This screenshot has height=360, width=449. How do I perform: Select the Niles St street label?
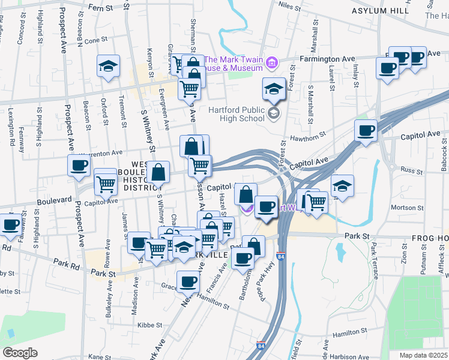pos(289,5)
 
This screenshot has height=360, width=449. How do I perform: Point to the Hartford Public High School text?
pos(237,113)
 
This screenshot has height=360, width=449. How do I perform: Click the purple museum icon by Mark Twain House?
pos(272,63)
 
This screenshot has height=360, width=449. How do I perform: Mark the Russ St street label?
pos(412,170)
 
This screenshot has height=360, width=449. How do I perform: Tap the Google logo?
pos(20,353)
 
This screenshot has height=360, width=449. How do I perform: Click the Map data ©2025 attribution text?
pos(424,355)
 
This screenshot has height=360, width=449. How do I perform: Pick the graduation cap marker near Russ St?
pos(342,185)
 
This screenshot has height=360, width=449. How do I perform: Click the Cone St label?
pos(95,40)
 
